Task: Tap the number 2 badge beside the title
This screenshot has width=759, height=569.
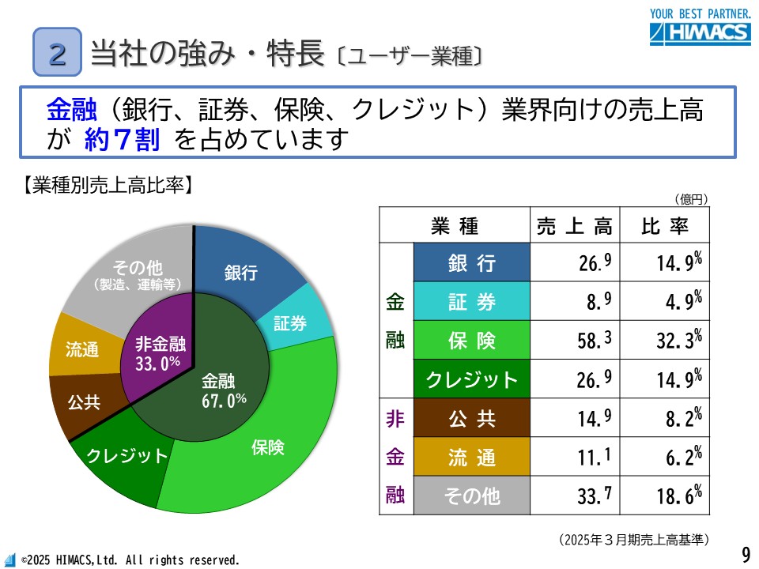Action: (x=58, y=51)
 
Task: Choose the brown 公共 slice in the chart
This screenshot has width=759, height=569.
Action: (x=83, y=401)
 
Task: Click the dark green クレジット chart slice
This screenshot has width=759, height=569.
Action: (x=126, y=455)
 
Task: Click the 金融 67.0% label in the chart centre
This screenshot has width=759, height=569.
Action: (x=220, y=390)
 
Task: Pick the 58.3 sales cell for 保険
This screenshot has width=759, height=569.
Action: (x=574, y=341)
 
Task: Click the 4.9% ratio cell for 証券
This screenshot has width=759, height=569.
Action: (x=664, y=302)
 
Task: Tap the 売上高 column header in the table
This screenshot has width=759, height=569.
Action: (x=574, y=226)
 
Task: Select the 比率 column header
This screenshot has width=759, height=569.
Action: (x=664, y=226)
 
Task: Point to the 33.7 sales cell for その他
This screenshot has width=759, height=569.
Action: (x=574, y=496)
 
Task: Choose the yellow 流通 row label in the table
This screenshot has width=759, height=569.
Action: (x=472, y=457)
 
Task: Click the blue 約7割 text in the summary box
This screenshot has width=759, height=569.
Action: (x=122, y=140)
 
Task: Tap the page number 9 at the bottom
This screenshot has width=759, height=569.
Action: (x=746, y=553)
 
